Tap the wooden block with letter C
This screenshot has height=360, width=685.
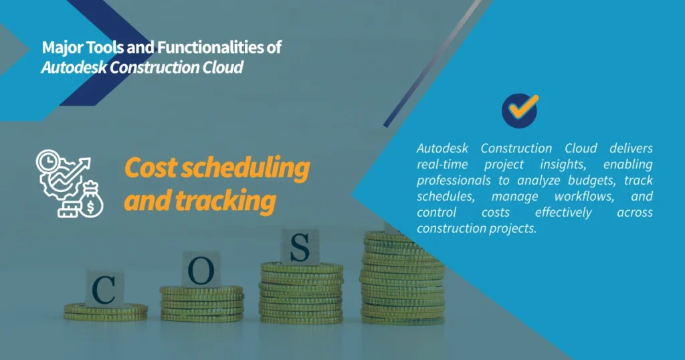click(x=104, y=288)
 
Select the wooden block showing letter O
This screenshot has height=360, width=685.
click(x=201, y=269)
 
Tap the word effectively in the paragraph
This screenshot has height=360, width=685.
click(x=563, y=213)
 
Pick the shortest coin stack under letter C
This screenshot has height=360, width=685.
click(x=106, y=311)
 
